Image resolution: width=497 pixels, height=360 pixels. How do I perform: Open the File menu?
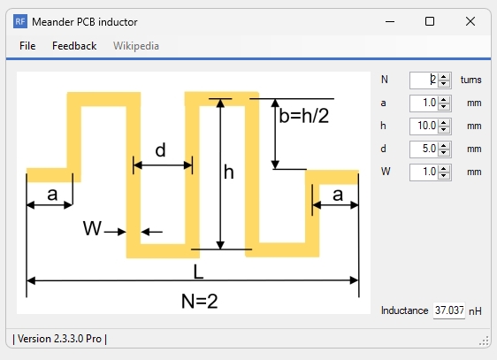pyautogui.click(x=27, y=46)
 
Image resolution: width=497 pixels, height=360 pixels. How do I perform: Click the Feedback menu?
pyautogui.click(x=74, y=46)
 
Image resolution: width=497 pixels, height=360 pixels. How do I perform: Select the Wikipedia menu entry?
pyautogui.click(x=136, y=46)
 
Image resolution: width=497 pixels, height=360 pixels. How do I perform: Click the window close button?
pyautogui.click(x=470, y=21)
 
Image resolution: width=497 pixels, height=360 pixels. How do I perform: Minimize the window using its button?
pyautogui.click(x=388, y=21)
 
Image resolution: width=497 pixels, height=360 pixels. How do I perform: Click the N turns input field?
pyautogui.click(x=424, y=80)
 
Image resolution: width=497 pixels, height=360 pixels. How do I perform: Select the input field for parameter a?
pyautogui.click(x=424, y=103)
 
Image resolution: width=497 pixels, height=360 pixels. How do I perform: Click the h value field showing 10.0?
pyautogui.click(x=424, y=126)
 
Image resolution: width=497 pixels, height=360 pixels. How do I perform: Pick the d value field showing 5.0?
pyautogui.click(x=424, y=149)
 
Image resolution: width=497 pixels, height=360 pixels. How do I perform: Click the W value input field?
pyautogui.click(x=424, y=172)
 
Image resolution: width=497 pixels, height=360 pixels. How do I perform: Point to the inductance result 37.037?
pyautogui.click(x=448, y=311)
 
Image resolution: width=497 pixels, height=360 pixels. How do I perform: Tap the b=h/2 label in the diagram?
pyautogui.click(x=303, y=116)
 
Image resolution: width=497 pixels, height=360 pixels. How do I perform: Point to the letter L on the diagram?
pyautogui.click(x=200, y=270)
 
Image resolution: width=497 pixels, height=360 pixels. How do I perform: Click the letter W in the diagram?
pyautogui.click(x=92, y=230)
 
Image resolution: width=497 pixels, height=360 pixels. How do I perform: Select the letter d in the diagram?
pyautogui.click(x=160, y=150)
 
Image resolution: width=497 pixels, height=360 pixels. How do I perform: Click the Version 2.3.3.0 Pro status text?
pyautogui.click(x=60, y=339)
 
